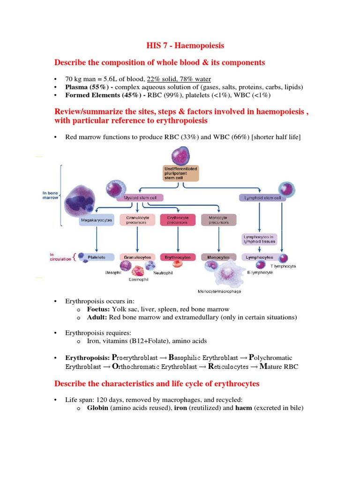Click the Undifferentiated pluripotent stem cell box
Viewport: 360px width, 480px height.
pyautogui.click(x=181, y=173)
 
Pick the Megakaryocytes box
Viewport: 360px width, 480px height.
pyautogui.click(x=96, y=220)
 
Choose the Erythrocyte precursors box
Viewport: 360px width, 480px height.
pyautogui.click(x=178, y=220)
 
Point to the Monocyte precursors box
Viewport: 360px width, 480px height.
pyautogui.click(x=218, y=220)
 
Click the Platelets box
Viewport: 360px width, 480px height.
pyautogui.click(x=96, y=257)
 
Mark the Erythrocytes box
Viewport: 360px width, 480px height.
pyautogui.click(x=178, y=257)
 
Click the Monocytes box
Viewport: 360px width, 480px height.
pyautogui.click(x=218, y=257)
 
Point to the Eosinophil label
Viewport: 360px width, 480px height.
pyautogui.click(x=138, y=281)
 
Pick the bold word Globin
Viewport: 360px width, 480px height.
pyautogui.click(x=97, y=408)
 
